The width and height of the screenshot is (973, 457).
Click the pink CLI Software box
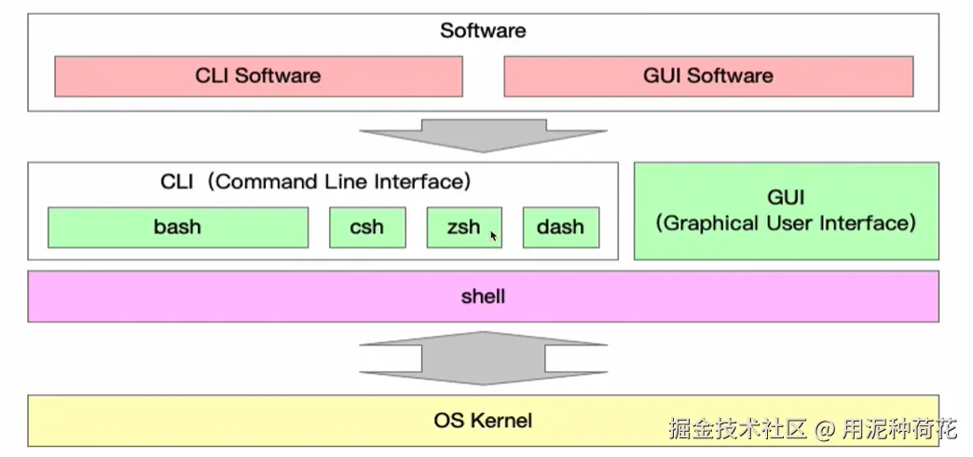point(258,76)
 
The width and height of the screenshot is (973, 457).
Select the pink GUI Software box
point(708,76)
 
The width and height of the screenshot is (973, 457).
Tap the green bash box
point(177,227)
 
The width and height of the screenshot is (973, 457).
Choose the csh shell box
point(367,227)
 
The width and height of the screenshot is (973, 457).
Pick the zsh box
point(463,227)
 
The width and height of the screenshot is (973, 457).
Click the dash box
point(560,227)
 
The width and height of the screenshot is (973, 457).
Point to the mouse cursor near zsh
point(493,237)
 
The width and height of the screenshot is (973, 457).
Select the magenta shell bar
point(483,297)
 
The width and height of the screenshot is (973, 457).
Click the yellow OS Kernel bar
point(483,420)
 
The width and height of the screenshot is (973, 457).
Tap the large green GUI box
point(786,211)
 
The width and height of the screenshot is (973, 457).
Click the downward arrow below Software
point(483,134)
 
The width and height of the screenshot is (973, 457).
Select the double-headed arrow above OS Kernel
point(483,358)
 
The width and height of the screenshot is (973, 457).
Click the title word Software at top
point(483,31)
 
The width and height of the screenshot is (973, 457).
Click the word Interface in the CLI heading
point(418,182)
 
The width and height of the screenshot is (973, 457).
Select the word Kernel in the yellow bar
point(501,420)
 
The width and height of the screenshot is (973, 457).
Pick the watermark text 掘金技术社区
point(737,430)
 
